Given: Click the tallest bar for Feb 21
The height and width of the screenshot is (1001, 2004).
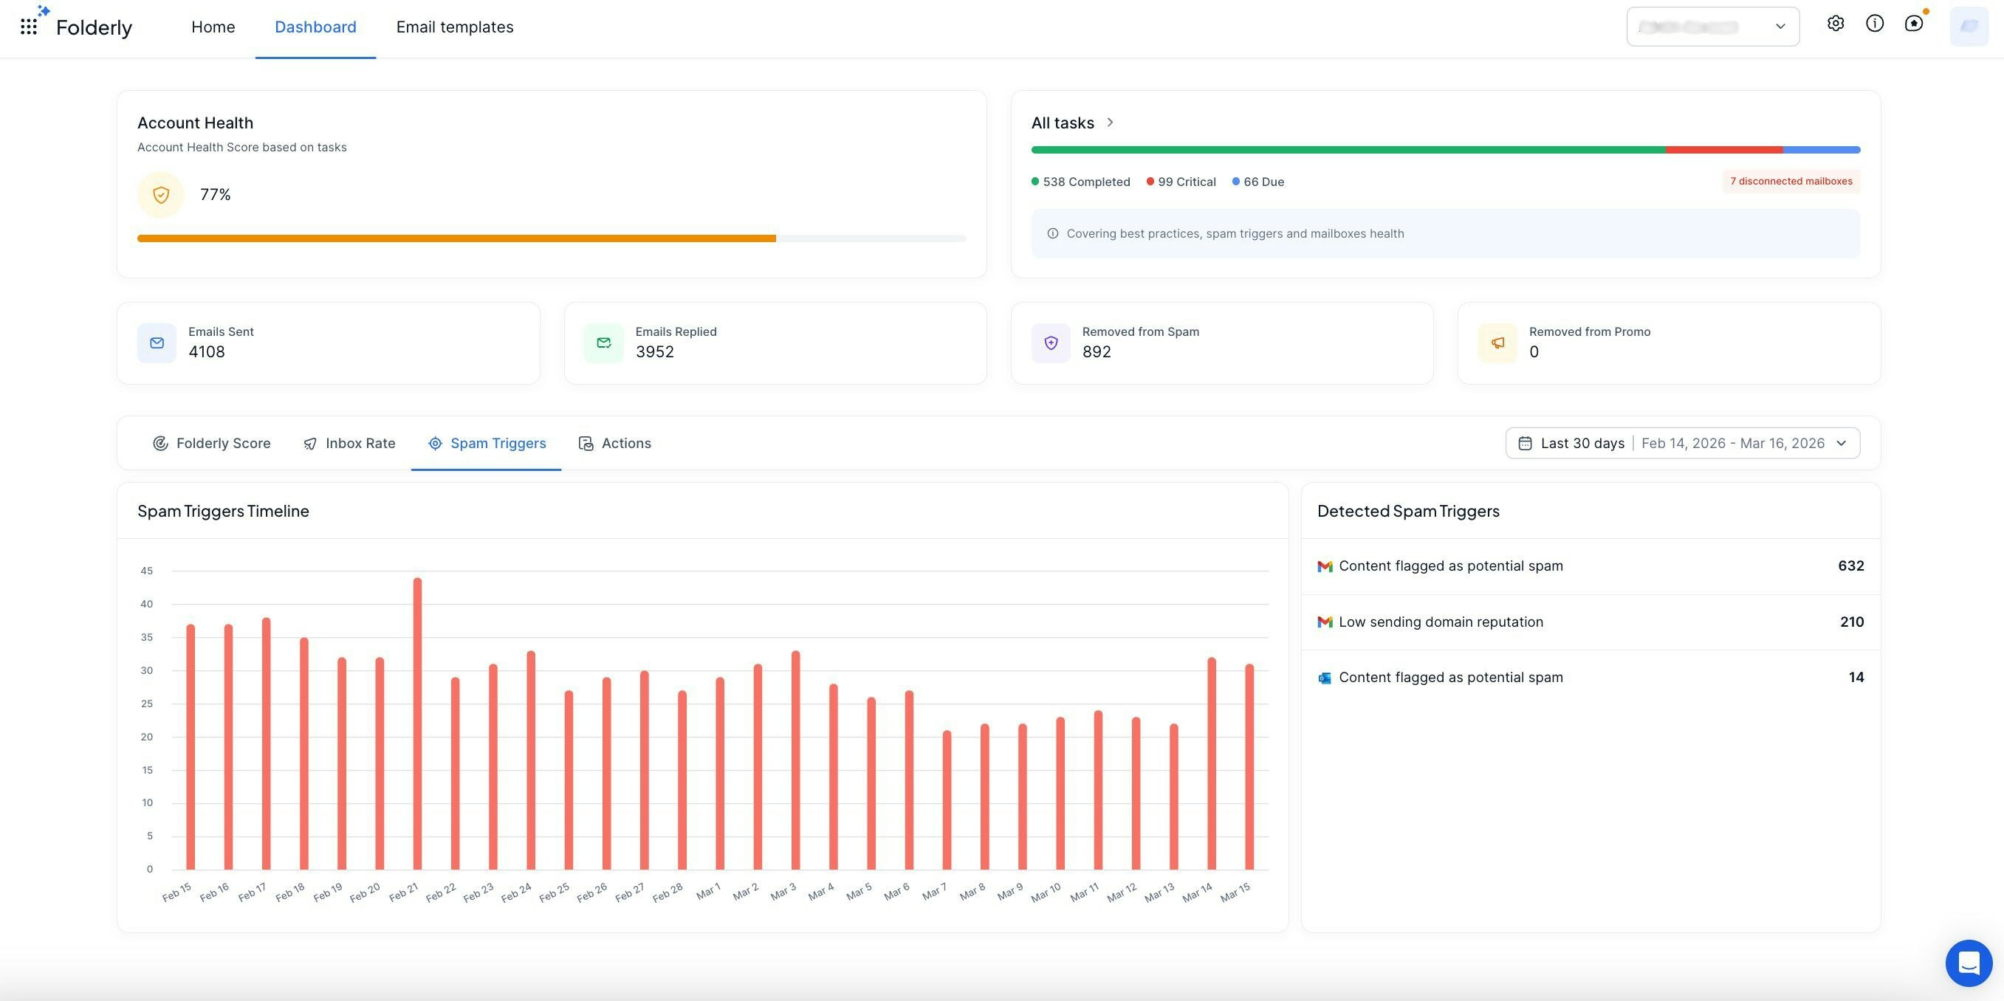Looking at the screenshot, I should [417, 723].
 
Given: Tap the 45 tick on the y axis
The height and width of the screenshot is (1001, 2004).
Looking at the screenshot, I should [147, 571].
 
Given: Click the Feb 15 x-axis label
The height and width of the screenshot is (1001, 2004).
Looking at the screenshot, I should [176, 892].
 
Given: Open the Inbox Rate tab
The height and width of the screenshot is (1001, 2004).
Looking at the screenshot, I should [349, 444].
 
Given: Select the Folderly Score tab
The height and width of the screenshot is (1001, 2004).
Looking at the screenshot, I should [212, 444].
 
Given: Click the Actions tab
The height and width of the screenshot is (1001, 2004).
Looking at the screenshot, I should [614, 444].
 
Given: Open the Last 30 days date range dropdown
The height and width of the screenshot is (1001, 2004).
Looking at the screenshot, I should [1682, 444].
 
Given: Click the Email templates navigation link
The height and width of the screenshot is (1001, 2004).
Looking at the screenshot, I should [454, 27].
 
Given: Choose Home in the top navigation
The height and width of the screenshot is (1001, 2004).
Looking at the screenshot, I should [213, 27].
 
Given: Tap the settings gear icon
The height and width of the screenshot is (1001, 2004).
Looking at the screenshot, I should [1835, 24].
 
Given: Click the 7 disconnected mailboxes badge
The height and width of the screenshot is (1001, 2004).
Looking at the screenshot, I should [1791, 181].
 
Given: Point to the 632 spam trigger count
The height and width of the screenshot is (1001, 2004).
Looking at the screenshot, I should [1850, 566].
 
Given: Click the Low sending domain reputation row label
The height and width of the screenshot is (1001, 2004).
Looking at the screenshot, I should [1441, 622].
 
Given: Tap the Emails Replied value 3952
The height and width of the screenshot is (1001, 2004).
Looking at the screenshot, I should [654, 352].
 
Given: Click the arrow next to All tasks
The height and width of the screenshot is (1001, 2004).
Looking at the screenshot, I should [1110, 122].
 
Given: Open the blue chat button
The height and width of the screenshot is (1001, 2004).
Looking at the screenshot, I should [1969, 963].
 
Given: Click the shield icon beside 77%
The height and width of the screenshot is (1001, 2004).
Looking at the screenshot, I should [161, 194].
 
